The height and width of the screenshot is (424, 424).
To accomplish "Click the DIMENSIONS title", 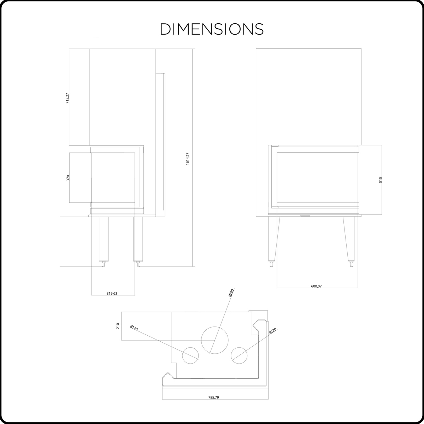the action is pyautogui.click(x=212, y=29).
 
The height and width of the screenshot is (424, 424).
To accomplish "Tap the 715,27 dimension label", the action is pyautogui.click(x=67, y=98).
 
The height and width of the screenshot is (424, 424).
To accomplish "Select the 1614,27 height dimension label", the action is pyautogui.click(x=188, y=159).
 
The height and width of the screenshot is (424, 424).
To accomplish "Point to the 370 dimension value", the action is pyautogui.click(x=68, y=178).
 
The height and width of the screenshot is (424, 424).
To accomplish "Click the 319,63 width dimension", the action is pyautogui.click(x=112, y=293).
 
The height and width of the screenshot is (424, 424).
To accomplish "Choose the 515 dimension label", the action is pyautogui.click(x=381, y=180).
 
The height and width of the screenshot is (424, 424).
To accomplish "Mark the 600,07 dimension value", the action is pyautogui.click(x=316, y=286).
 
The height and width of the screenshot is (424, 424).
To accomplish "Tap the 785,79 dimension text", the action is pyautogui.click(x=213, y=397).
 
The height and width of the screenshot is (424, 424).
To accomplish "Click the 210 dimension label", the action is pyautogui.click(x=118, y=326).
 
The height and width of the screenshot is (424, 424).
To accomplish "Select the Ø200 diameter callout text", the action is pyautogui.click(x=231, y=293).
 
